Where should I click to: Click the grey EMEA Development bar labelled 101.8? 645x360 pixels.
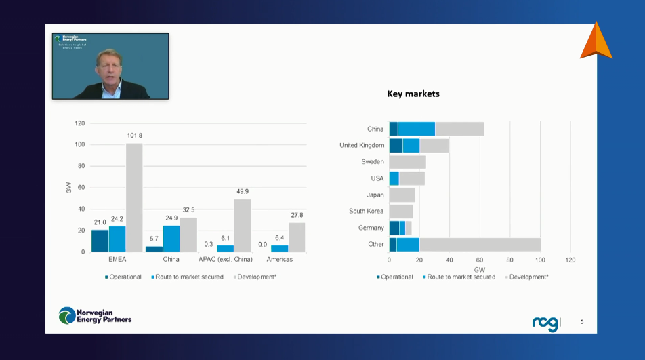134,197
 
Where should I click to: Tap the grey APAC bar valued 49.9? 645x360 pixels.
243,225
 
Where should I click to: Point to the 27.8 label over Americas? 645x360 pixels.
297,215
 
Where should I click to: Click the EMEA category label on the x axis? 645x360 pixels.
117,260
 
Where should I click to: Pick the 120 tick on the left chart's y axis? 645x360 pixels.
80,123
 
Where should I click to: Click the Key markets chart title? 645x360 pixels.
413,94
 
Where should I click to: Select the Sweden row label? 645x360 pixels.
373,162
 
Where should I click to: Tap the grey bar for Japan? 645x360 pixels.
402,195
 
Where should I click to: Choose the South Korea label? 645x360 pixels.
367,211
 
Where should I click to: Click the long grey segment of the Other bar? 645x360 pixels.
480,244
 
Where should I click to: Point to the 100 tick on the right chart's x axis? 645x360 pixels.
540,260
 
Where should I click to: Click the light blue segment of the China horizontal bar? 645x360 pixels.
416,129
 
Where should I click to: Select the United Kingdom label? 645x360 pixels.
362,145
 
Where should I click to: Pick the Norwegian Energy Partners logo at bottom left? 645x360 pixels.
95,315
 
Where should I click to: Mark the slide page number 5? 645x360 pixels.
581,322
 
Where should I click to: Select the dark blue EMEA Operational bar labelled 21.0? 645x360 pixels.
100,241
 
